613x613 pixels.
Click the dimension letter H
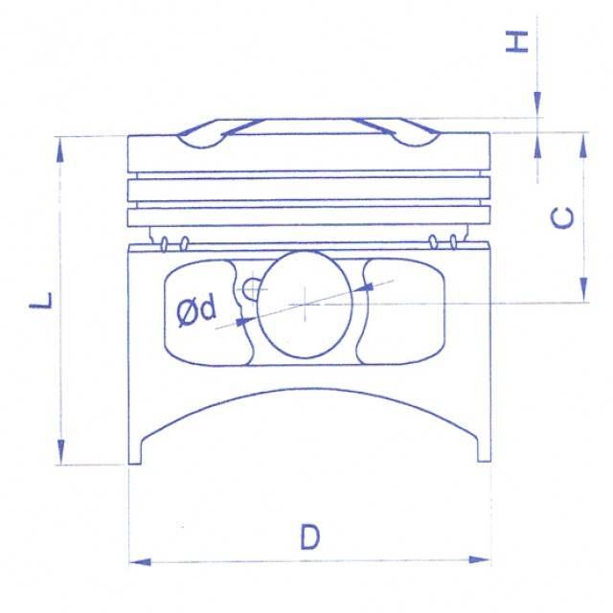517,42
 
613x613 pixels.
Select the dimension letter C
562,217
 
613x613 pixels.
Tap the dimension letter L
41,300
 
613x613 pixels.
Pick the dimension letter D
310,537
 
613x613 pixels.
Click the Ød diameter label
196,311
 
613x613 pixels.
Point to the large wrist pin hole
305,305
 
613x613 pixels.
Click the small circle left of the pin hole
251,289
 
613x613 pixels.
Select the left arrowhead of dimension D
140,562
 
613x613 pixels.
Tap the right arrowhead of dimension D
479,559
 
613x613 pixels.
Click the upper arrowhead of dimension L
59,150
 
